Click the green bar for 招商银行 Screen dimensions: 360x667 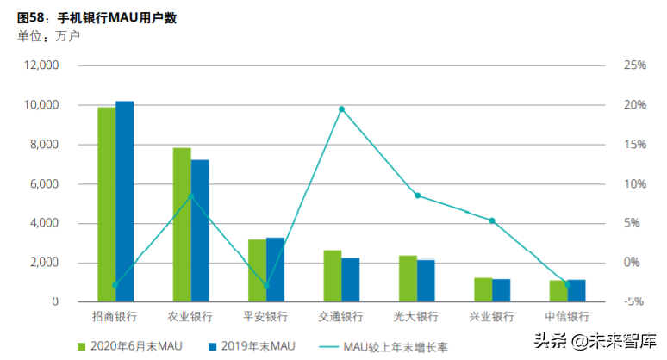click(106, 204)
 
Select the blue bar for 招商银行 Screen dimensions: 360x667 click(124, 202)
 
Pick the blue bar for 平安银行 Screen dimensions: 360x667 click(275, 270)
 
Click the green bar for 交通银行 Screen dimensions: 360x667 click(332, 276)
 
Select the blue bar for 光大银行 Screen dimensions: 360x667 click(426, 281)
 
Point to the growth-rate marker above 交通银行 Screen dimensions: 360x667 click(341, 109)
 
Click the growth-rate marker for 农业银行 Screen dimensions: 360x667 click(190, 196)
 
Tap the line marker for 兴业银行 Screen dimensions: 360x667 click(492, 220)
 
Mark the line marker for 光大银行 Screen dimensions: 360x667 click(417, 196)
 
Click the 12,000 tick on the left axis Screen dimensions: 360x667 click(41, 65)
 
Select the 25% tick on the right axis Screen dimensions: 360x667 click(635, 65)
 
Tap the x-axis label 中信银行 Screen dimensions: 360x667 click(568, 317)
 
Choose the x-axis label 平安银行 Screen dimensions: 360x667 click(266, 317)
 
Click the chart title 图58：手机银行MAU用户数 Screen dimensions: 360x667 click(97, 17)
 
